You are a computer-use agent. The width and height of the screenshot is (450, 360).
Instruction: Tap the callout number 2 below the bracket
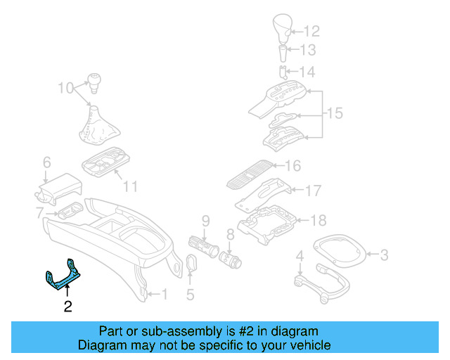pyautogui.click(x=67, y=306)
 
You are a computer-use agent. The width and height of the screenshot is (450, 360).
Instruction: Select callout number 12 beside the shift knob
pyautogui.click(x=311, y=31)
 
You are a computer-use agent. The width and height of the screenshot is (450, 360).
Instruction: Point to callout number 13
pyautogui.click(x=309, y=50)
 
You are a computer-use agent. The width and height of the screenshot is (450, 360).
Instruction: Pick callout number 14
pyautogui.click(x=307, y=72)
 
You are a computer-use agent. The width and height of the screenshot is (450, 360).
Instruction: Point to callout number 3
pyautogui.click(x=385, y=254)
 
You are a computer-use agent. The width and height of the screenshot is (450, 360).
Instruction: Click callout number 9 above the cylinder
pyautogui.click(x=206, y=221)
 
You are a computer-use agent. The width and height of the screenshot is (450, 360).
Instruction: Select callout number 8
pyautogui.click(x=230, y=235)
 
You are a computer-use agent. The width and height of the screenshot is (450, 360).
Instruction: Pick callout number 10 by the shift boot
pyautogui.click(x=65, y=88)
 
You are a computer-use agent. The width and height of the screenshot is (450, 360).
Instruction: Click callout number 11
pyautogui.click(x=130, y=186)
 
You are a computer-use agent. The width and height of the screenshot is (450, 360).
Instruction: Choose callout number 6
pyautogui.click(x=46, y=162)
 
